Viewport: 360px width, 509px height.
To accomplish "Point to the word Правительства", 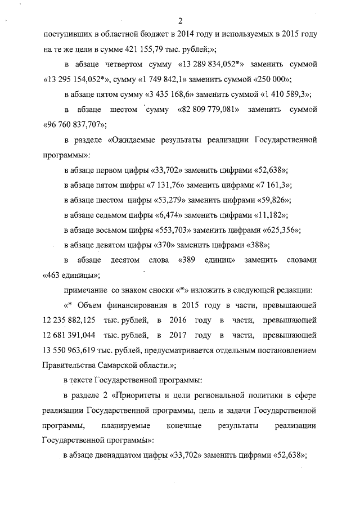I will [69, 365].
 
